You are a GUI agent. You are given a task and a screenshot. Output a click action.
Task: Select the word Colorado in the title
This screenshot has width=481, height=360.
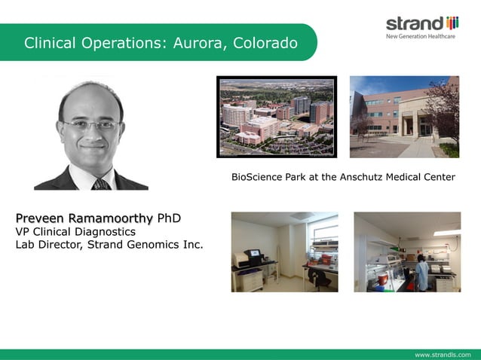264,43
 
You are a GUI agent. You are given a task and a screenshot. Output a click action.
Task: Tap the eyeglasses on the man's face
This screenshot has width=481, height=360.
90,125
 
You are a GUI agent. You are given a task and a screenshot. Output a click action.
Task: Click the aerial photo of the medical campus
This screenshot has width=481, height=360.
276,116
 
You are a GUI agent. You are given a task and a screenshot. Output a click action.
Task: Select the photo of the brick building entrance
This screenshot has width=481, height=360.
403,116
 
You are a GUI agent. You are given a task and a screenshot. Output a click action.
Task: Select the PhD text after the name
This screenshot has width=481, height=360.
169,218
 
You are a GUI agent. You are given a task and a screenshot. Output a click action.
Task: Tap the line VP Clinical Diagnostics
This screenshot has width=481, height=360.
75,231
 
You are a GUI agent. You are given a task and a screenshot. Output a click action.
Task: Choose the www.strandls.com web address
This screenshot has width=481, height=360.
443,354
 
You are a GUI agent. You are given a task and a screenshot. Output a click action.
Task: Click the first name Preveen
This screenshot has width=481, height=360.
40,218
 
